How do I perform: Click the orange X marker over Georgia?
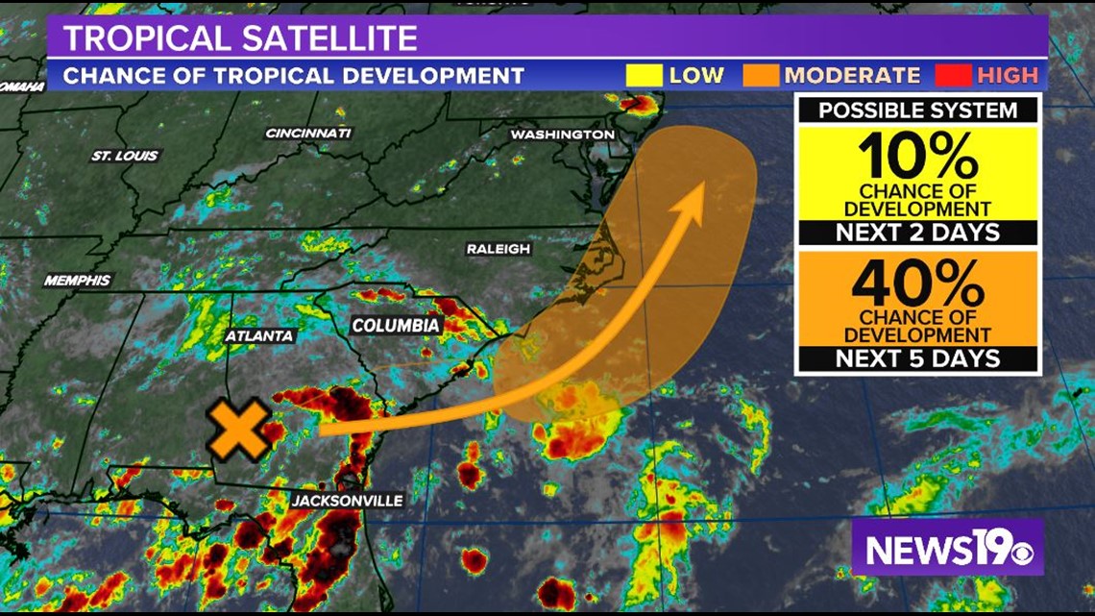[238, 430]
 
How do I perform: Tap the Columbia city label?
[396, 326]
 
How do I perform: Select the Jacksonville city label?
[347, 501]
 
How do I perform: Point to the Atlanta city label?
[259, 336]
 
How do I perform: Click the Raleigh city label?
[498, 249]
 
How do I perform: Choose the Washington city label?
[562, 135]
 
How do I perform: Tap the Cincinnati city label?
[308, 133]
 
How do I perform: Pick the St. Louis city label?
[125, 156]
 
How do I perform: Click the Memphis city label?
[78, 281]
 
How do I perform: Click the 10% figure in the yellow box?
[917, 155]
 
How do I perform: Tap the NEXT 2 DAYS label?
[917, 232]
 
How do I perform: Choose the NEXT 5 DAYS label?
[917, 359]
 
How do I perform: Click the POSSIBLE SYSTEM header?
[917, 110]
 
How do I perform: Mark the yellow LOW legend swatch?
[643, 75]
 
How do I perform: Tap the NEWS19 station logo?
[947, 549]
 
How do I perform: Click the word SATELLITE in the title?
[326, 37]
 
